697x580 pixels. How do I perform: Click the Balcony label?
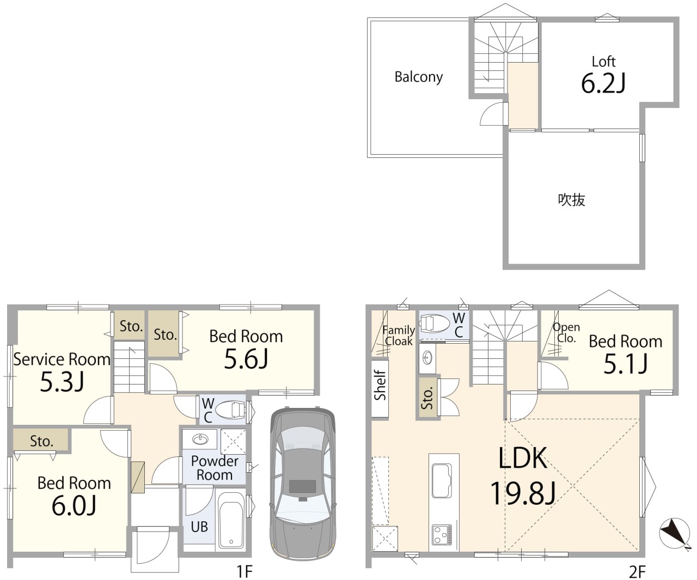(419, 77)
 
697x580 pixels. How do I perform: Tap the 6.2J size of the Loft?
(603, 83)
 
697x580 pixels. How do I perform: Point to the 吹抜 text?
(572, 200)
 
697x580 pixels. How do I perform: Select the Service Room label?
(62, 359)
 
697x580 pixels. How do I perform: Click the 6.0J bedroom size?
(74, 505)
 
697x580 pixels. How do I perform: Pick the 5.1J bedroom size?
(626, 364)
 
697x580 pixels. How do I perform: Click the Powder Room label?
(215, 468)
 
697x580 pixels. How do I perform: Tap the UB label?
(199, 527)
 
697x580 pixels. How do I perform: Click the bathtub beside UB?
(231, 520)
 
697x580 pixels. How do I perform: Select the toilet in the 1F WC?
(230, 410)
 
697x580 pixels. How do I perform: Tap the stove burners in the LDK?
(442, 535)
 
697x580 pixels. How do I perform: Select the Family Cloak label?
(399, 335)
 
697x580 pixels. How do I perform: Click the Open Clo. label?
(566, 333)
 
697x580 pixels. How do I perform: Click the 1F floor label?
(244, 571)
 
